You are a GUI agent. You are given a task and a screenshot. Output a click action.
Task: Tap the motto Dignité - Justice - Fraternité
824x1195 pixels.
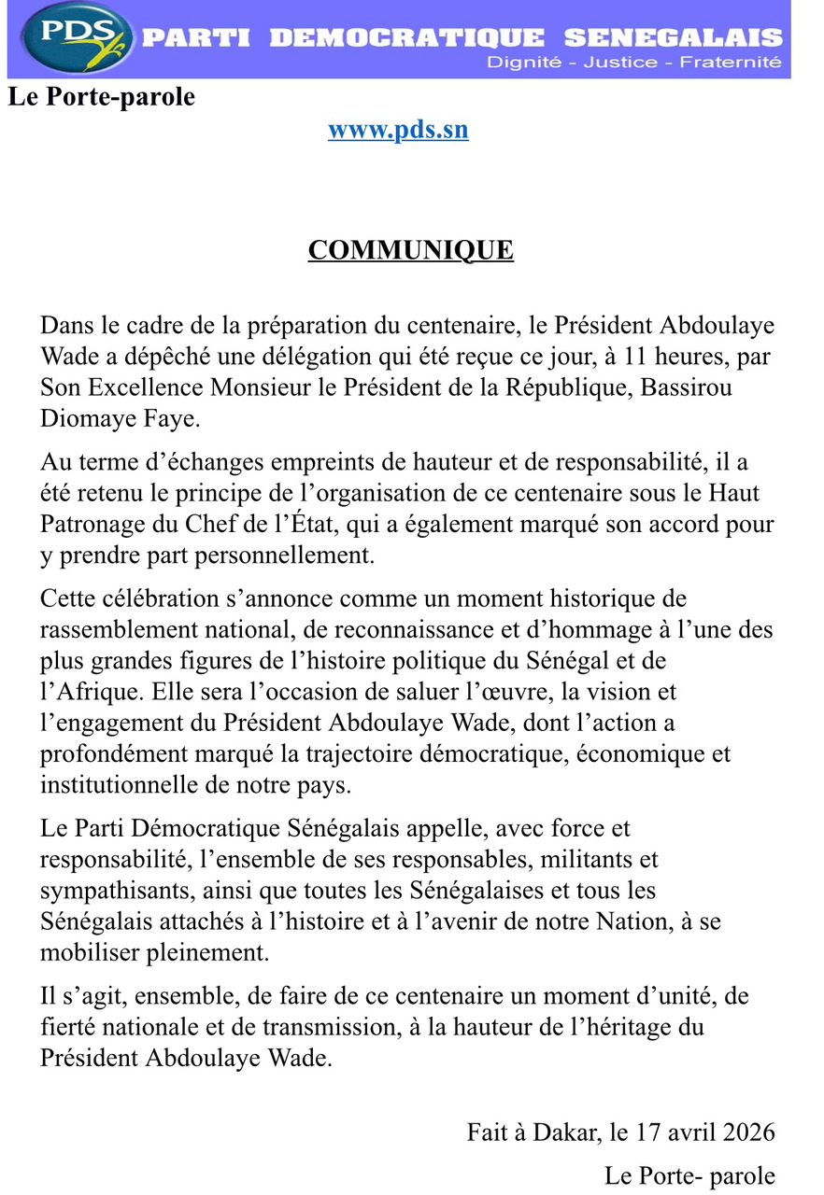click(x=633, y=63)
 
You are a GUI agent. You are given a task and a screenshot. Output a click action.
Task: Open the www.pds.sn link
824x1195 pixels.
click(x=398, y=129)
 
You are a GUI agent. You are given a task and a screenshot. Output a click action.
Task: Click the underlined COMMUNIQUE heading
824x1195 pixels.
click(x=411, y=250)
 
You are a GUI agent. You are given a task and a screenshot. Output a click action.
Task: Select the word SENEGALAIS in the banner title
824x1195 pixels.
click(x=673, y=37)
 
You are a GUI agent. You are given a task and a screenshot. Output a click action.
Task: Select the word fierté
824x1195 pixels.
click(x=68, y=1027)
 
